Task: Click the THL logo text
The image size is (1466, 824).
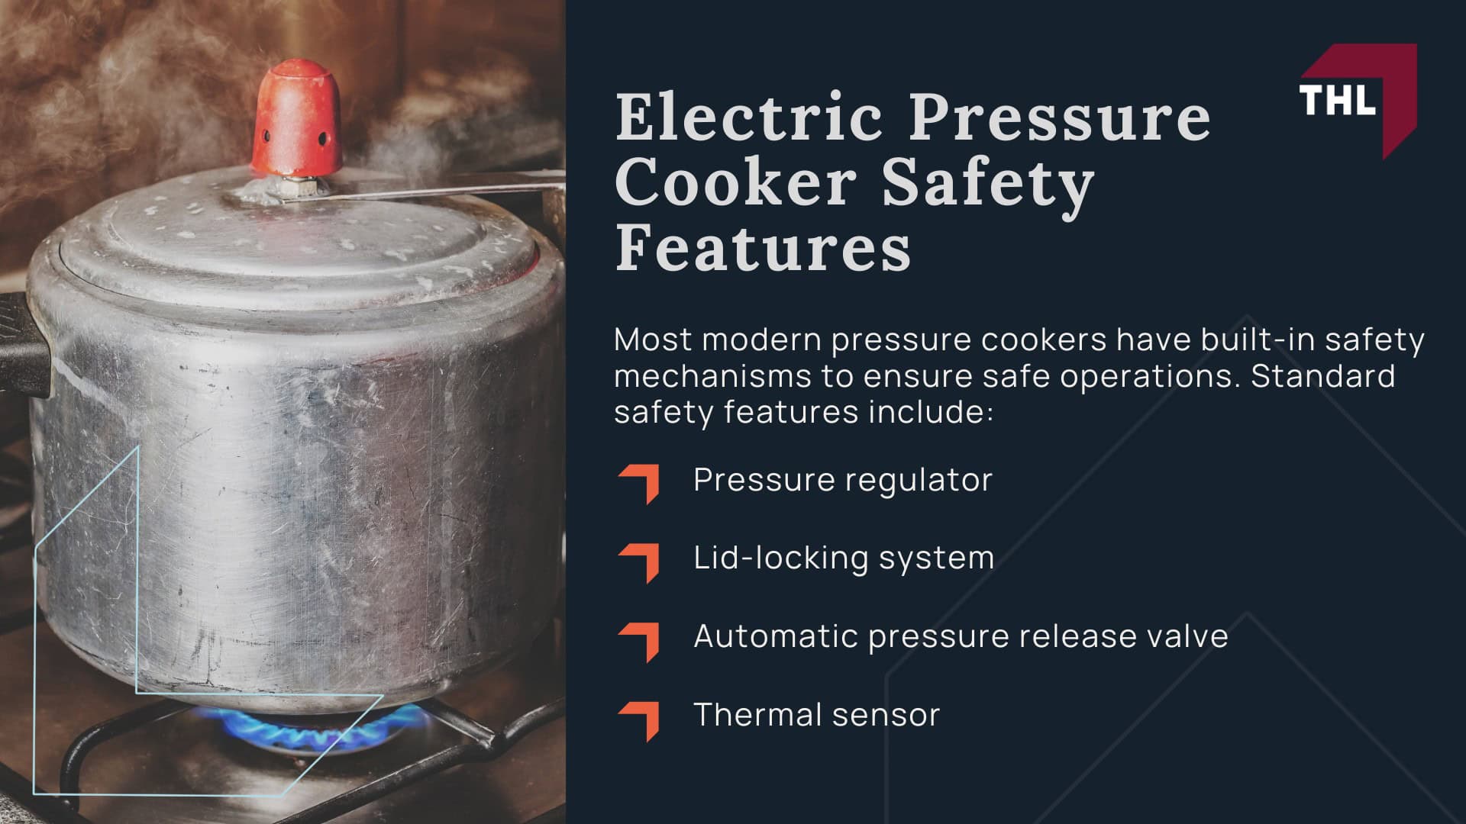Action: click(x=1337, y=98)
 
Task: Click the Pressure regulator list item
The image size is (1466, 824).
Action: click(x=842, y=480)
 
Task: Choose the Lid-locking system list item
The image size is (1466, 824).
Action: click(x=844, y=558)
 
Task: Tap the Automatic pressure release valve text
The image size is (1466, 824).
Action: click(x=961, y=636)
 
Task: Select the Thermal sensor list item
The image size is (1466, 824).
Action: click(x=816, y=715)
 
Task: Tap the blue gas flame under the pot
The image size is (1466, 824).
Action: click(x=305, y=726)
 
